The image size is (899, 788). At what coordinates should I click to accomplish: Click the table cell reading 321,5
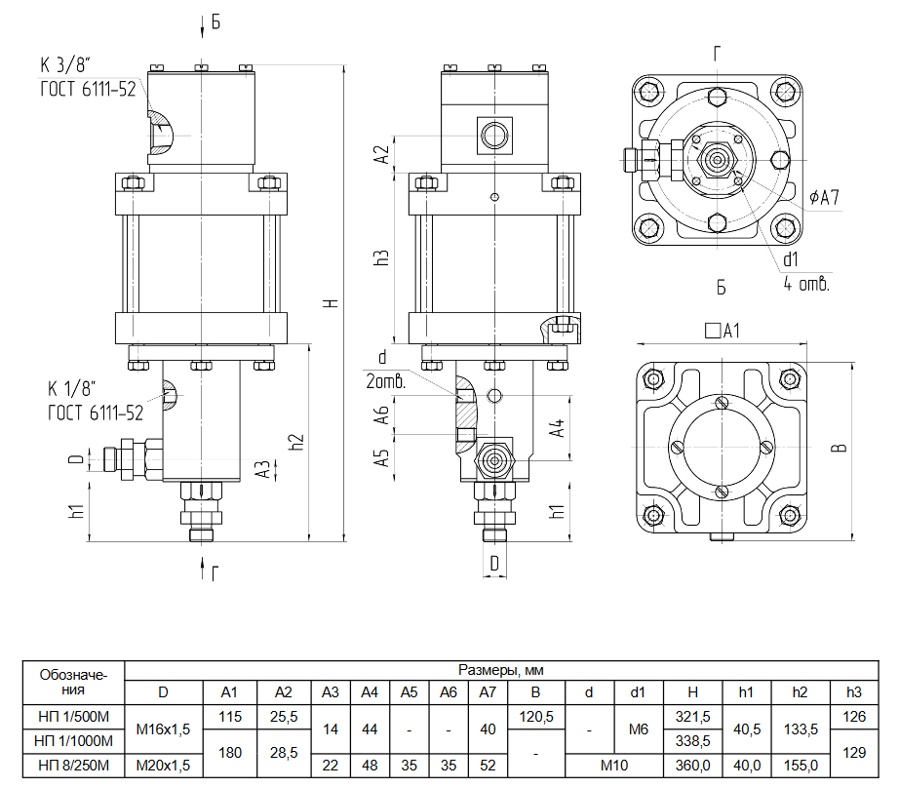[x=692, y=716]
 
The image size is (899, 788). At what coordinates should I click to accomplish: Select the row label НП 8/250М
[x=73, y=765]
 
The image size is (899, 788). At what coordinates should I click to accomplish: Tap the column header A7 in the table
[x=488, y=692]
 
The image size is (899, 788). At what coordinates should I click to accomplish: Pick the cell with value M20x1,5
[x=163, y=765]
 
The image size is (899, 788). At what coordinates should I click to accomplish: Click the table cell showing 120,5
[x=535, y=716]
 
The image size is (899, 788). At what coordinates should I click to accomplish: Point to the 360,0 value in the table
[x=692, y=765]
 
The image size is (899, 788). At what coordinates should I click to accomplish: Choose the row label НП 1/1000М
[x=73, y=741]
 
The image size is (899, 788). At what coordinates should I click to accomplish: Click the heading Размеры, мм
[x=501, y=670]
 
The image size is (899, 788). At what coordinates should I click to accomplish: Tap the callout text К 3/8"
[x=65, y=65]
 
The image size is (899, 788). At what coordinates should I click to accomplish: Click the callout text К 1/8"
[x=71, y=389]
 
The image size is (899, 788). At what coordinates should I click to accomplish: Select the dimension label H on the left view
[x=332, y=302]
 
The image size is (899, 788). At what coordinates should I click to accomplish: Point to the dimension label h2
[x=296, y=442]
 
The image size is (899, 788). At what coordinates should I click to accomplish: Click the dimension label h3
[x=382, y=256]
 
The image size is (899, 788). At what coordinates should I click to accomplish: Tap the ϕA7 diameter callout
[x=824, y=197]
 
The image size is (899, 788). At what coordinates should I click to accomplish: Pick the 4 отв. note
[x=806, y=283]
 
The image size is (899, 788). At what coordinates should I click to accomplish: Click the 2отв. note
[x=386, y=381]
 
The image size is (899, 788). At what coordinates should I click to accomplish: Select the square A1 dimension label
[x=723, y=331]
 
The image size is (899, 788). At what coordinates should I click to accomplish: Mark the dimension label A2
[x=382, y=154]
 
